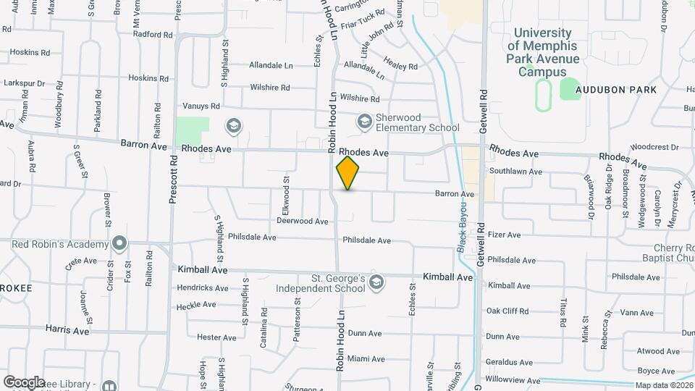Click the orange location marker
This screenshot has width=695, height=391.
(x=347, y=173)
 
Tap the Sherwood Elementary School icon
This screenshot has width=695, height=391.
(x=363, y=119)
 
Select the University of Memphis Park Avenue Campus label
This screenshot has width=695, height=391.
(x=543, y=52)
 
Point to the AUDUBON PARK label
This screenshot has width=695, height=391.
(x=616, y=90)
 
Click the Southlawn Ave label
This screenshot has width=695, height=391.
(x=515, y=172)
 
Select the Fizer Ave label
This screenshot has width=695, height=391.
(x=505, y=235)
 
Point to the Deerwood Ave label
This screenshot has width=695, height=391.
(x=303, y=221)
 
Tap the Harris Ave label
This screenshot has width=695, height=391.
(x=67, y=330)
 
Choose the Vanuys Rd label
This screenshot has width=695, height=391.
(x=201, y=106)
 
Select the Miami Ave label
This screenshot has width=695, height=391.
(x=366, y=358)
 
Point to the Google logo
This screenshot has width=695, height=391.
(x=24, y=382)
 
